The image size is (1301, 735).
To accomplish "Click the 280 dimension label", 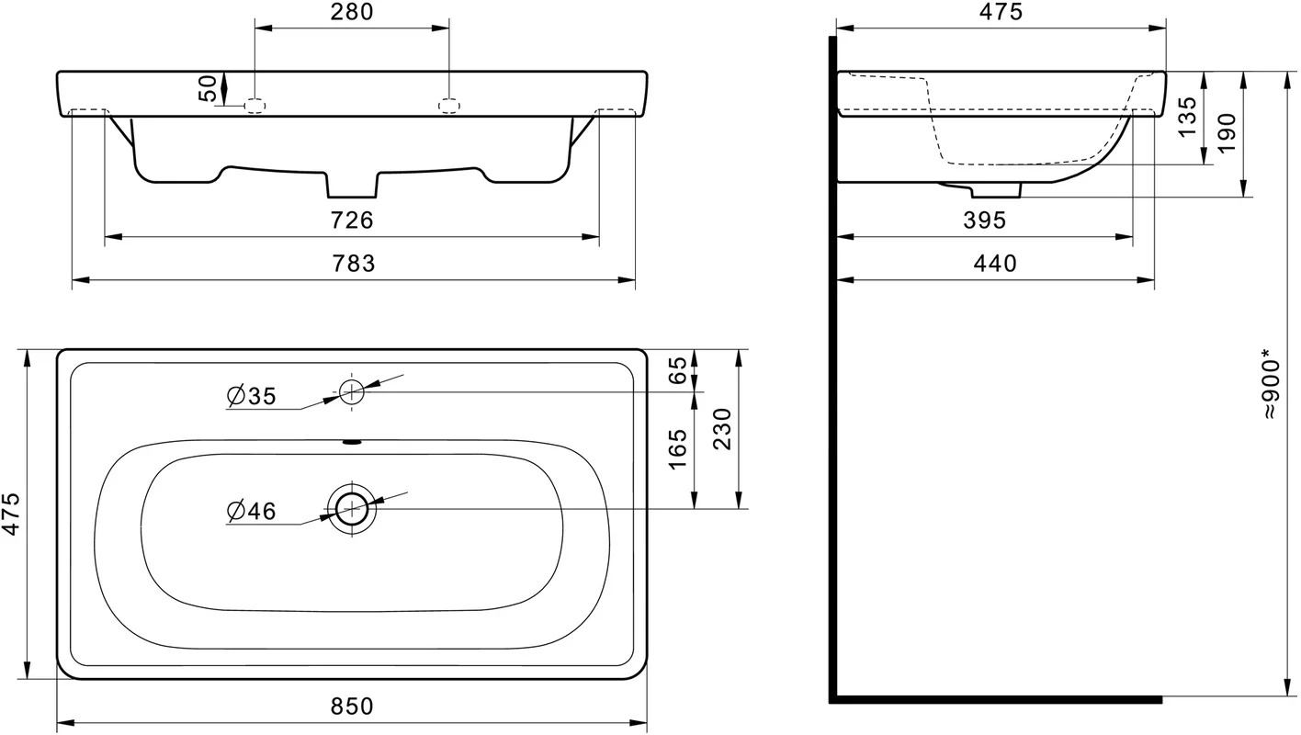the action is pyautogui.click(x=352, y=12).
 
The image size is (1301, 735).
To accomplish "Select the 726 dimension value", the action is pyautogui.click(x=352, y=220).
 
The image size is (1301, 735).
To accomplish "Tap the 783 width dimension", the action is pyautogui.click(x=353, y=265).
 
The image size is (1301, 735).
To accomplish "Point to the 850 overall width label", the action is pyautogui.click(x=352, y=707).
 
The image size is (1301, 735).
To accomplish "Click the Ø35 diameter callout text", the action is pyautogui.click(x=252, y=397).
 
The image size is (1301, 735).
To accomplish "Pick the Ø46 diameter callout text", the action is pyautogui.click(x=252, y=512).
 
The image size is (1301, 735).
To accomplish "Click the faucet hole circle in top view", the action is pyautogui.click(x=351, y=392).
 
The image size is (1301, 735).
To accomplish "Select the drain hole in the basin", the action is pyautogui.click(x=352, y=509).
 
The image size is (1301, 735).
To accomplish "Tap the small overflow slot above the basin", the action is pyautogui.click(x=352, y=443).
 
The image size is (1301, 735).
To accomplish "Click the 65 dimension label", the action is pyautogui.click(x=678, y=370).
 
